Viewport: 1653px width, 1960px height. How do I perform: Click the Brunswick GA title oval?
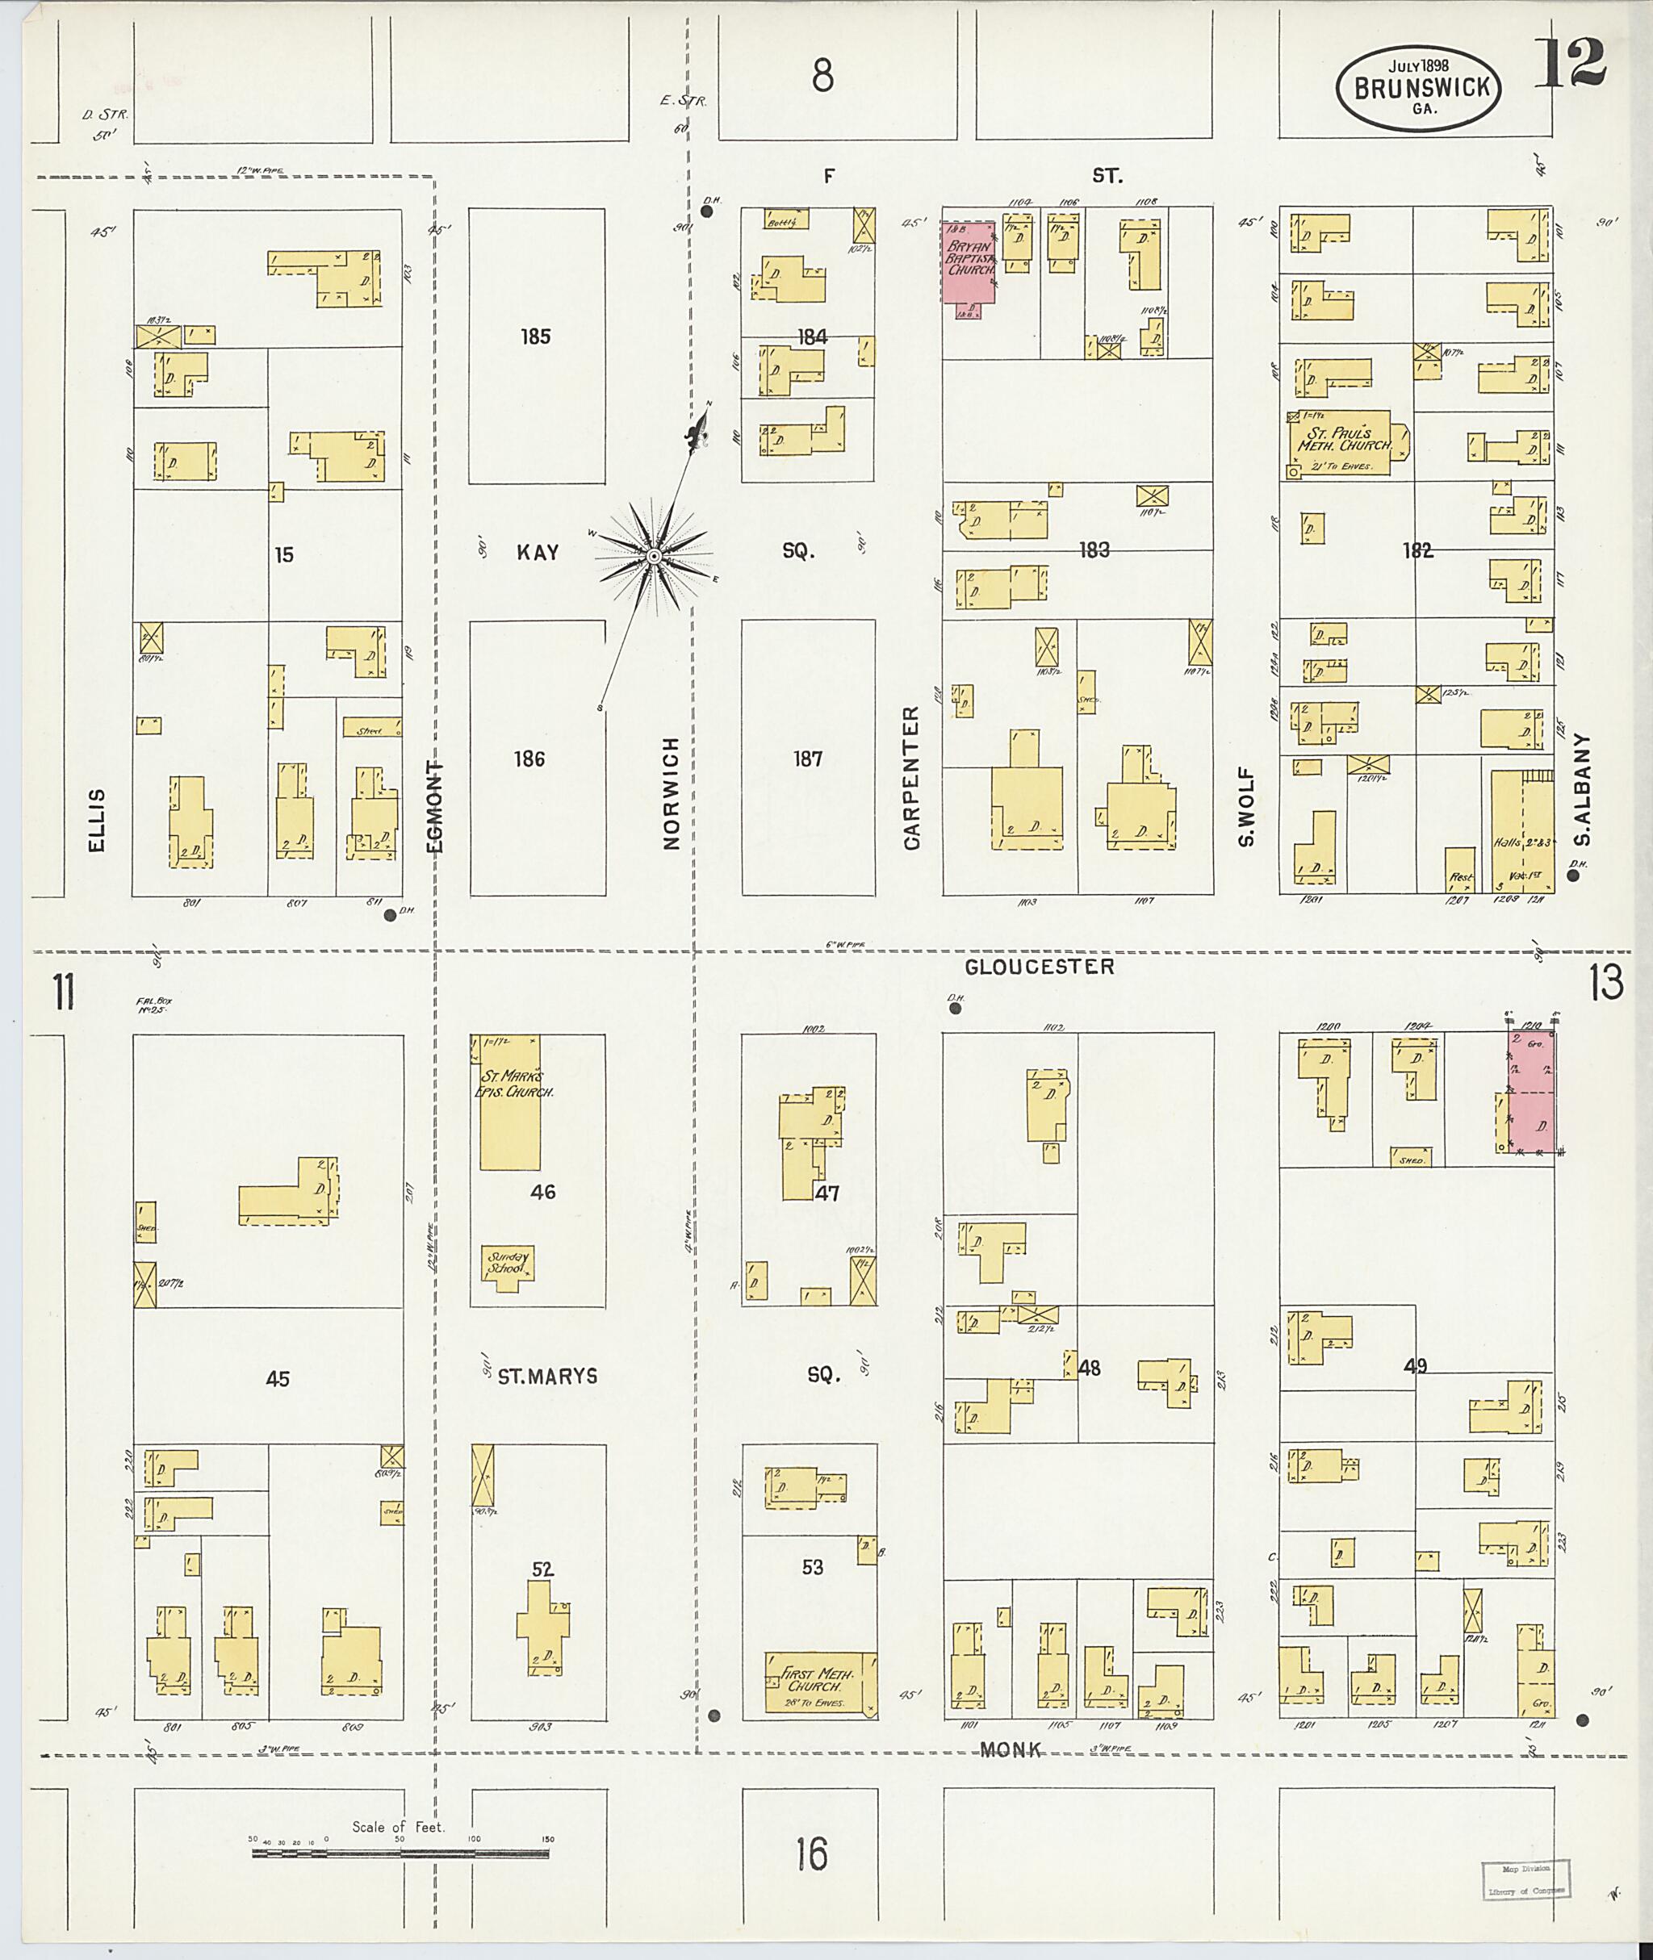[1419, 89]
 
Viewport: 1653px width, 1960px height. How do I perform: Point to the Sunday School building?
[508, 1264]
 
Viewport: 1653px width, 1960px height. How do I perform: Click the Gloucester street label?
[1040, 966]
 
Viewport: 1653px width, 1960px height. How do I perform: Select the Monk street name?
[1011, 1749]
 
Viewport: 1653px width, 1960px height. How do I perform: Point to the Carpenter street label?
[912, 779]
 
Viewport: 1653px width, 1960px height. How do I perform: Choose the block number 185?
[535, 336]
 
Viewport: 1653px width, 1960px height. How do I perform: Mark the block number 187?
[808, 759]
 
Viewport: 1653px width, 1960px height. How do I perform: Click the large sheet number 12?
[1571, 64]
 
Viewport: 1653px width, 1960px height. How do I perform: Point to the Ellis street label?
[97, 821]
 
